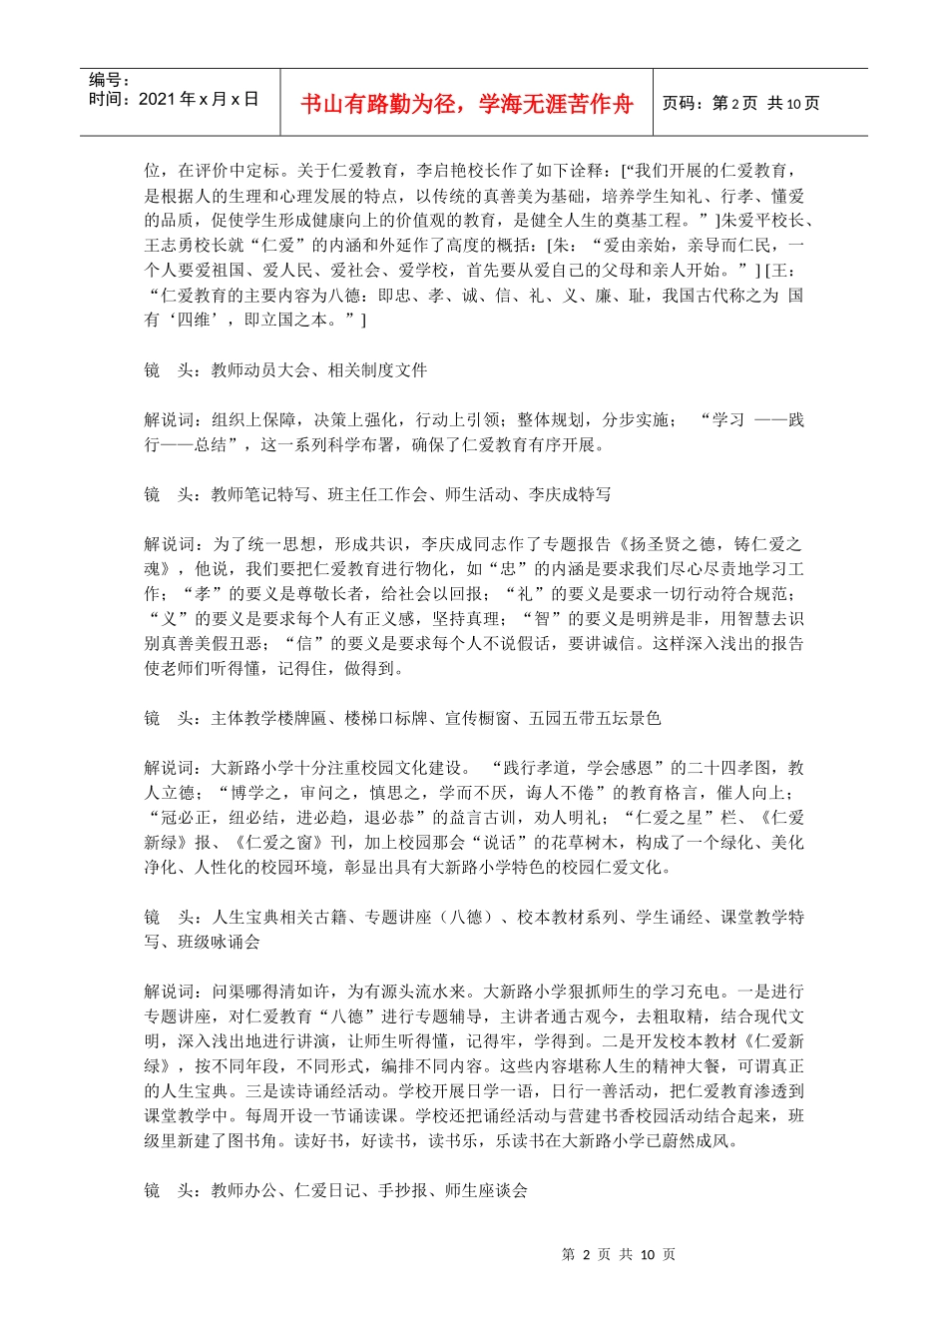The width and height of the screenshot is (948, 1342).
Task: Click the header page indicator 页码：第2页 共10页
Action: click(x=740, y=104)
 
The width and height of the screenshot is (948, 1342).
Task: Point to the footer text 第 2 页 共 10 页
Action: click(x=619, y=1254)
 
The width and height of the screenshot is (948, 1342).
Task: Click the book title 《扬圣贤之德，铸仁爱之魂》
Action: click(x=709, y=545)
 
